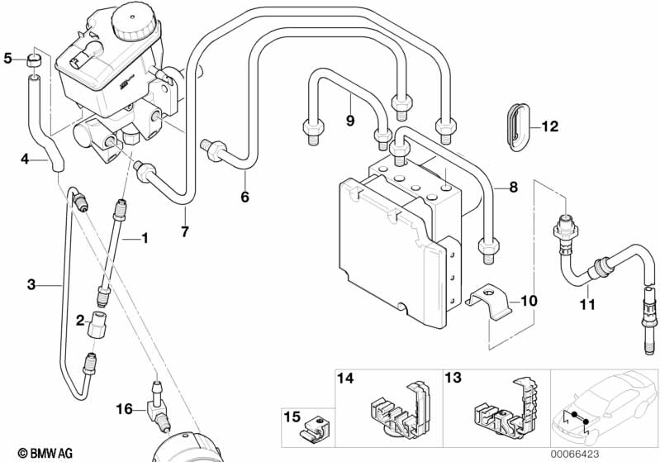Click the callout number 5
pos(7,58)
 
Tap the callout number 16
pos(124,408)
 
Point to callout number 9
pos(349,121)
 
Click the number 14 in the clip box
pos(345,378)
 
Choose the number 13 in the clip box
pos(453,378)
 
